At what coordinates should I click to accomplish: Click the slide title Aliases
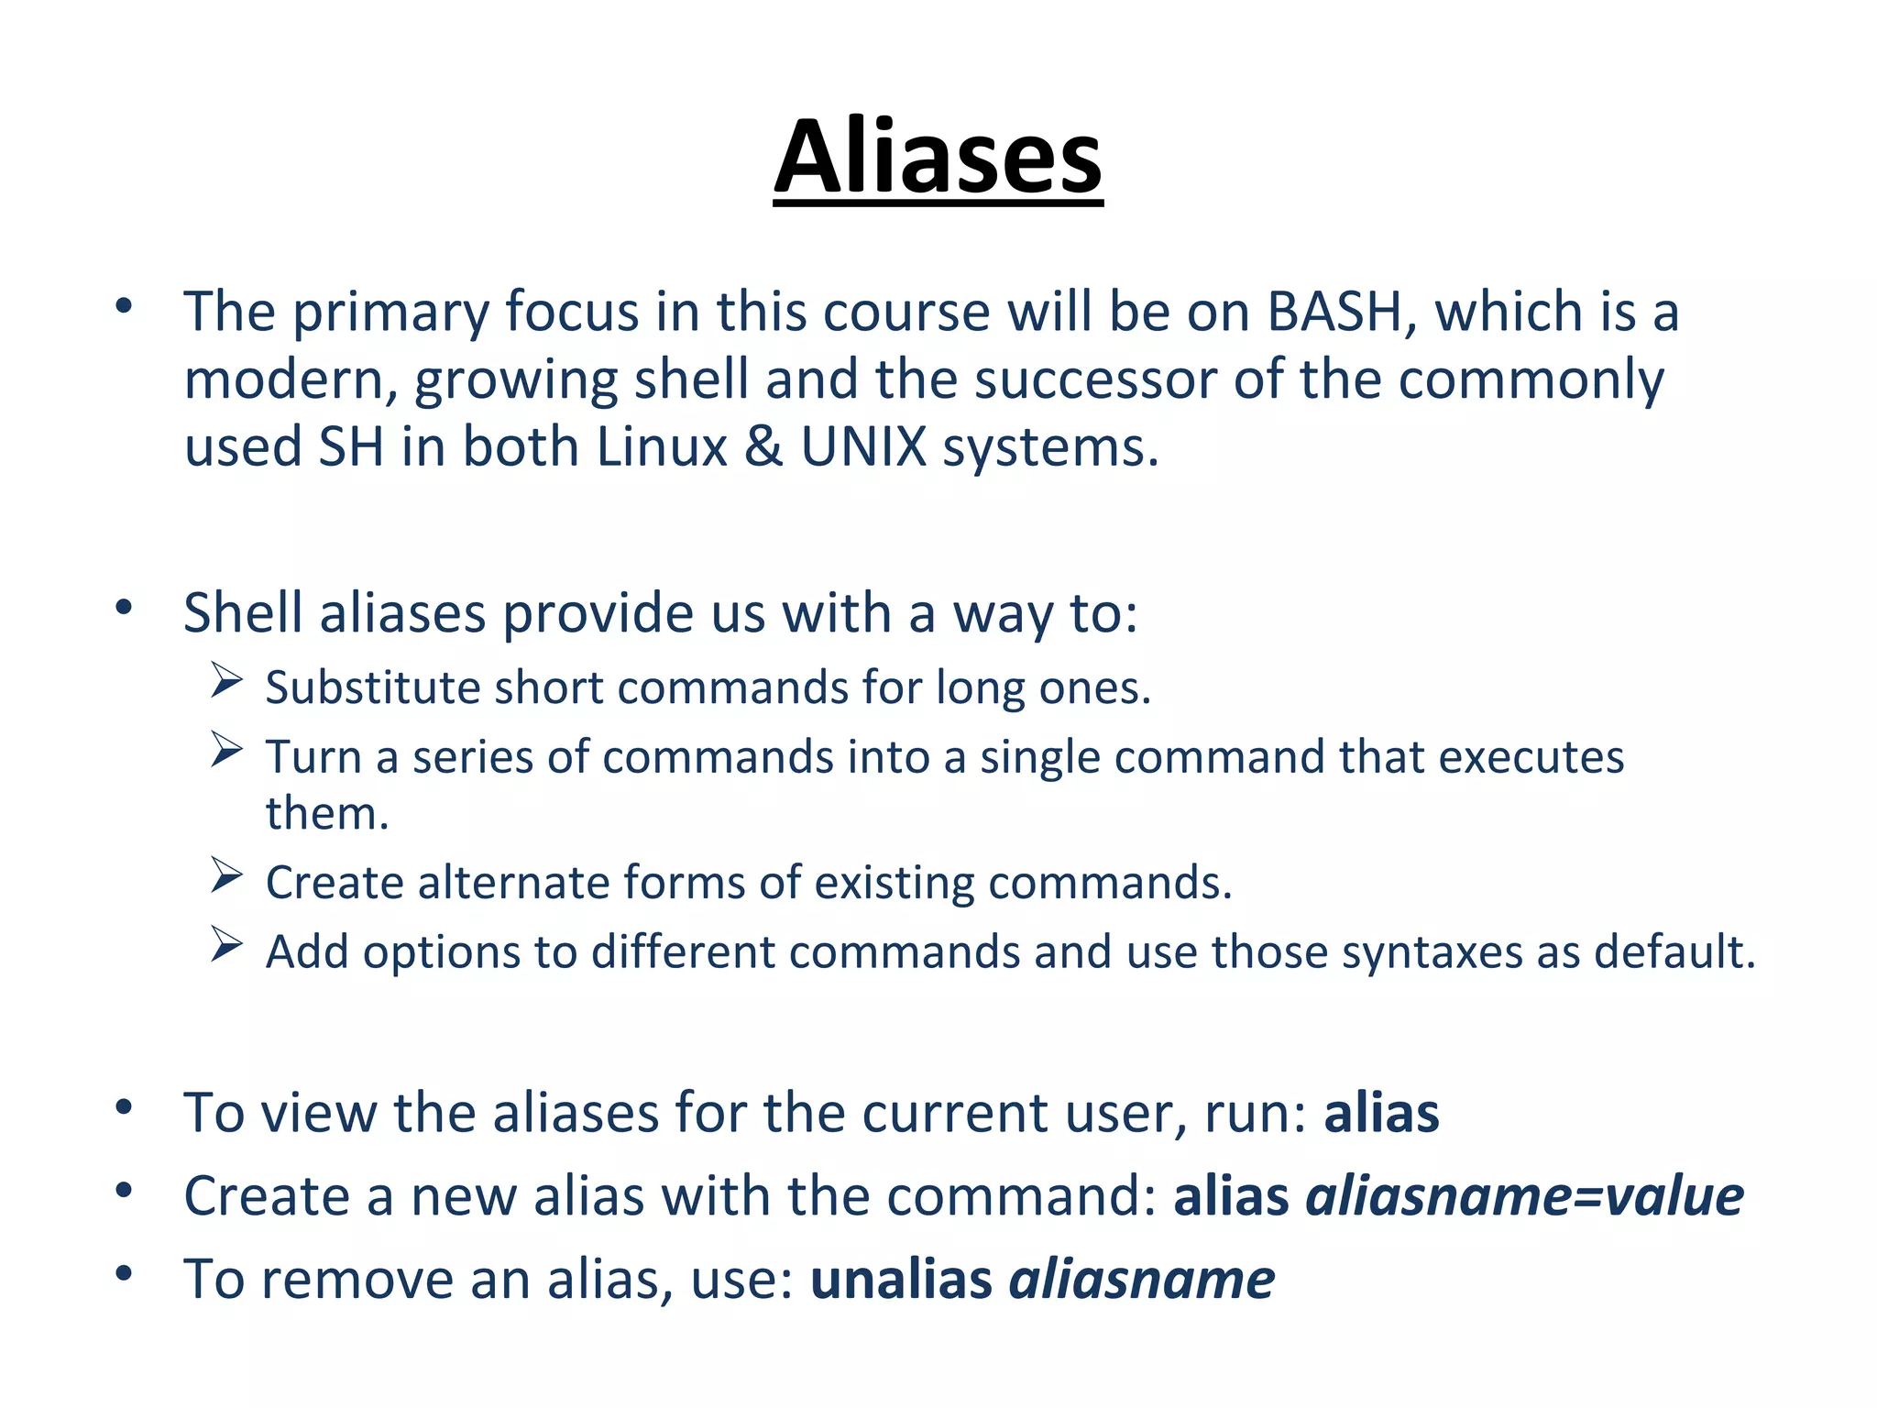pos(938,158)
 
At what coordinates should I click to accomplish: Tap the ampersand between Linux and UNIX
pos(763,447)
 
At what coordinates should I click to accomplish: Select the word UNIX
pos(864,447)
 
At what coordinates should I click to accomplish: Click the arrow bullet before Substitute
pos(225,680)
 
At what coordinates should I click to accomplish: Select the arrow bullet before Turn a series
pos(225,750)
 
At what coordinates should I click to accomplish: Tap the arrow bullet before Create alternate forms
pos(225,875)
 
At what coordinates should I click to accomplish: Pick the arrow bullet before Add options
pos(225,944)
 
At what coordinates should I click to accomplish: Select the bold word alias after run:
pos(1381,1113)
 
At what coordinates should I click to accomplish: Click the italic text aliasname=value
pos(1524,1196)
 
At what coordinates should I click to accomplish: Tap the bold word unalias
pos(901,1280)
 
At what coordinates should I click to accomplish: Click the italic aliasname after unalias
pos(1142,1280)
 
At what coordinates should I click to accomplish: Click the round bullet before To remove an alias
pos(125,1273)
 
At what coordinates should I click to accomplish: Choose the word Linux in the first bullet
pos(661,447)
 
